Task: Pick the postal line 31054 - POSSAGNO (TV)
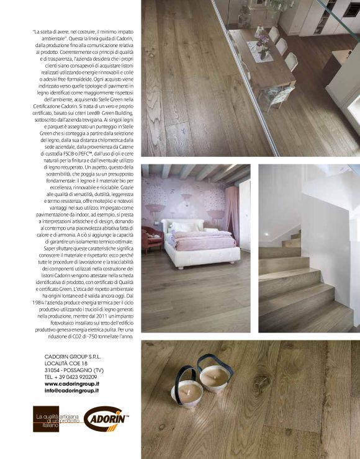click(74, 370)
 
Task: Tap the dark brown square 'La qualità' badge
click(47, 419)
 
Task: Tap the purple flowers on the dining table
click(264, 41)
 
